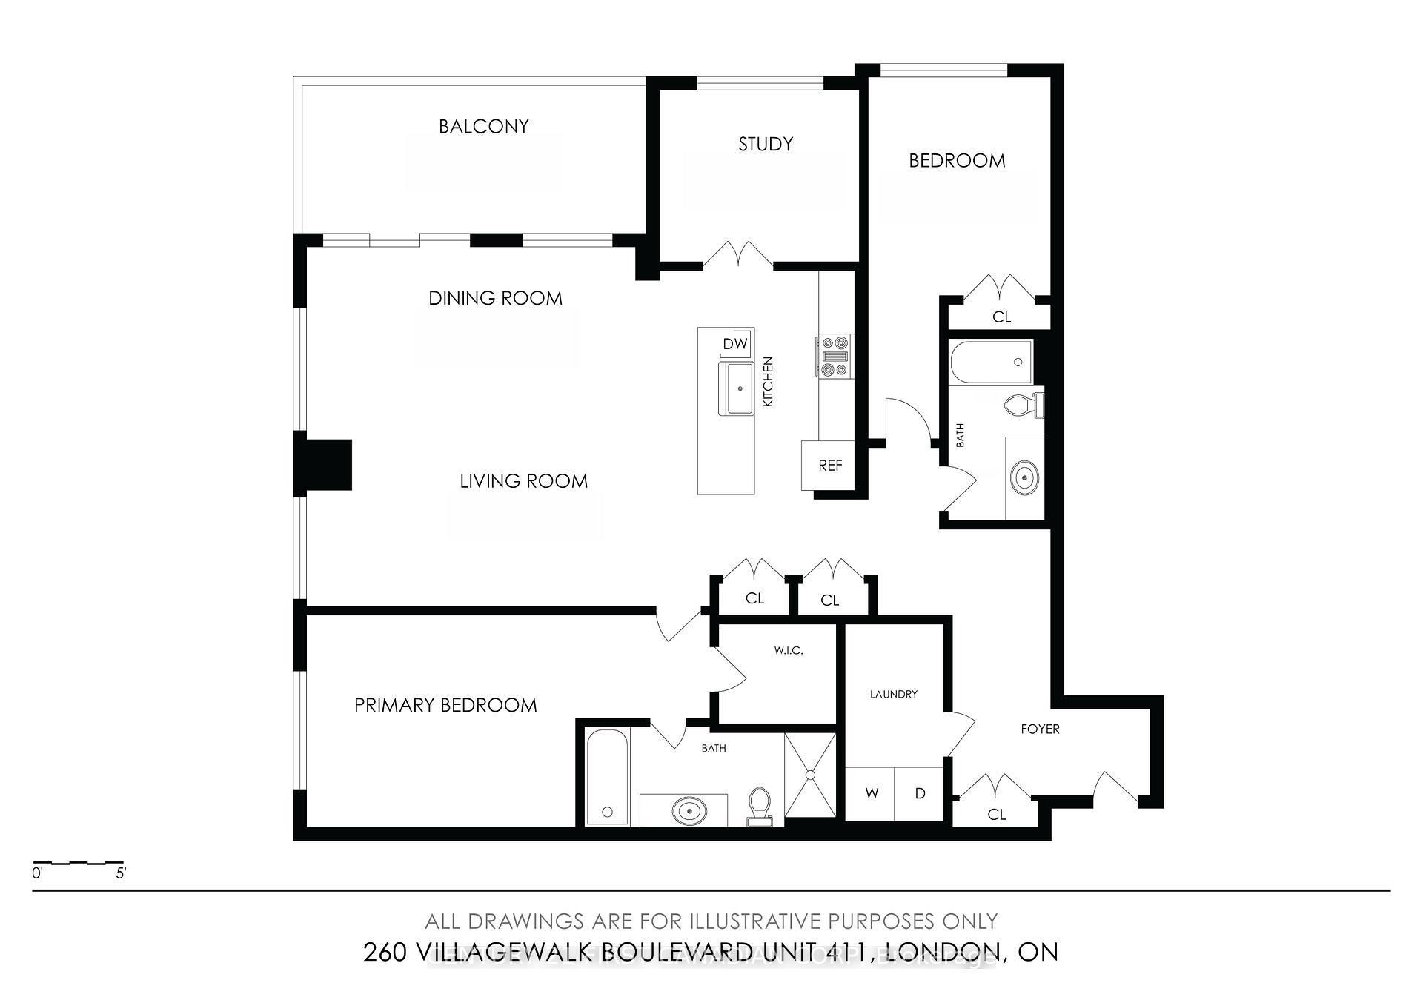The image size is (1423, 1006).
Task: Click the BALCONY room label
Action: pos(483,127)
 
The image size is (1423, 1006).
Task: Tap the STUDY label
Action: pos(765,144)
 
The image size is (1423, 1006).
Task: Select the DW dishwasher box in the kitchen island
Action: pos(734,344)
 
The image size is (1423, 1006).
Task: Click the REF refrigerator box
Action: pos(829,466)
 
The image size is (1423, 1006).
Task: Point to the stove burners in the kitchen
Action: pos(835,357)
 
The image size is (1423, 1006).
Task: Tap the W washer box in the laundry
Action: pos(872,793)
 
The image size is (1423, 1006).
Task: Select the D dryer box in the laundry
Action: pos(920,793)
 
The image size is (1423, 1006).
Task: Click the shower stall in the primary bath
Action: pos(810,775)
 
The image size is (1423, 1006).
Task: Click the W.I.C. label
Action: pos(788,650)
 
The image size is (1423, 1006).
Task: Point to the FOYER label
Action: pos(1040,729)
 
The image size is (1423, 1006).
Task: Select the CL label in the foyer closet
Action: pos(996,815)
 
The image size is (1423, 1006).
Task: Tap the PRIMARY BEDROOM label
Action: pos(445,705)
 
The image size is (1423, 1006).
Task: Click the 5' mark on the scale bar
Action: pos(121,873)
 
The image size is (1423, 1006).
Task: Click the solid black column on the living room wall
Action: pos(324,465)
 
